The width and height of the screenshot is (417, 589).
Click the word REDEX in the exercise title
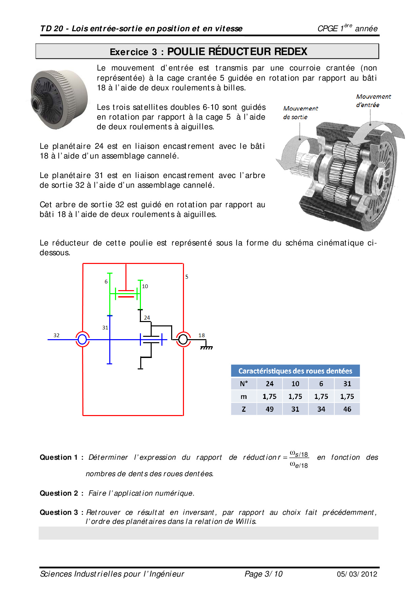coord(291,51)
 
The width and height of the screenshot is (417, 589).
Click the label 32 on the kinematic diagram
coord(56,335)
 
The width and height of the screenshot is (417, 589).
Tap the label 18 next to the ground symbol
coord(201,335)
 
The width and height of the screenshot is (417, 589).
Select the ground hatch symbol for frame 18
coord(206,348)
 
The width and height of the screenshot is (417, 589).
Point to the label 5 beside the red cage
coord(187,277)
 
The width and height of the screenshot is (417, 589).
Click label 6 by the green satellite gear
coord(106,281)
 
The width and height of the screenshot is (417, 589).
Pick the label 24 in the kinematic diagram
coord(147,317)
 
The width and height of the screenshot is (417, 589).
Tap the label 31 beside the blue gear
coord(105,327)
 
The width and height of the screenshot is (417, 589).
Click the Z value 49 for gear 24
coord(269,409)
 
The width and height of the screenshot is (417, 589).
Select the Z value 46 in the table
coord(347,409)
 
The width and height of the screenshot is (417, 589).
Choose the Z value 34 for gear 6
coord(321,409)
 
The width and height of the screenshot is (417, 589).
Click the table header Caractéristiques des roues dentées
coord(295,371)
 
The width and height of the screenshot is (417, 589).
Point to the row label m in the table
coord(243,397)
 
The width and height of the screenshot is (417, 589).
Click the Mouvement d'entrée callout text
coord(373,101)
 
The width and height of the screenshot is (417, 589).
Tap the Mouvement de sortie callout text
coord(300,112)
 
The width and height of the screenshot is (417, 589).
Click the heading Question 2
coord(59,493)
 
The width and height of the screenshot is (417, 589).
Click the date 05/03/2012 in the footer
coord(357,574)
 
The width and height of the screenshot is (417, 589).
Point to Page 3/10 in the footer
coord(263,574)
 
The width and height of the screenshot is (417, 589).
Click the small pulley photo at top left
coord(60,99)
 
